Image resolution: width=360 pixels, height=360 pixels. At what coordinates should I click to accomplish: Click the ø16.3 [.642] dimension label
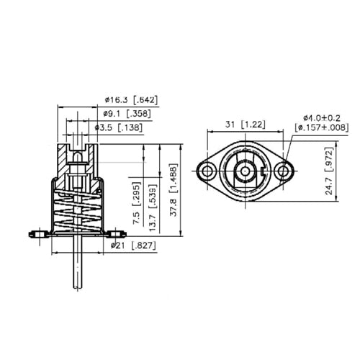[130, 99]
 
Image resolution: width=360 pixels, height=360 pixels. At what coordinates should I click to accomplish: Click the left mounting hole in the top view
[209, 171]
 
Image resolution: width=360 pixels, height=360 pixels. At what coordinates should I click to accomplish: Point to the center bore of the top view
[246, 171]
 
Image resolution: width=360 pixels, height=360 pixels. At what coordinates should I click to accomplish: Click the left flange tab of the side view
[37, 233]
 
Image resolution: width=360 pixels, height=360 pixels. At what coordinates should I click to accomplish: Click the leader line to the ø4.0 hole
[292, 148]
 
